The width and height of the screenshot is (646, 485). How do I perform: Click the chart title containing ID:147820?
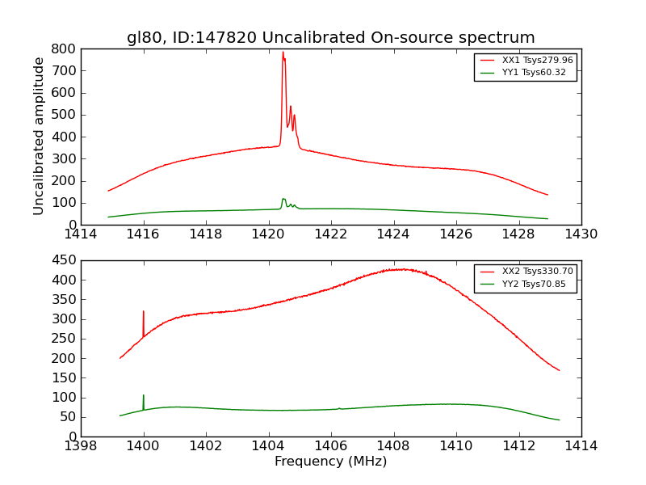point(330,38)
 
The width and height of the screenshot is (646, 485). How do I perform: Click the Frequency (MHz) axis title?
point(330,462)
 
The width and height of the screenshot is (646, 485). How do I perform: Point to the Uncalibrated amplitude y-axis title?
point(39,136)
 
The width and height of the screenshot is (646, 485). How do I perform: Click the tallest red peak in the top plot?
point(283,53)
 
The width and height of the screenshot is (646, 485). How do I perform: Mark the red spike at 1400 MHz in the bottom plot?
point(144,311)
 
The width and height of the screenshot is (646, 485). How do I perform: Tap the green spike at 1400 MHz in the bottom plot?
point(144,395)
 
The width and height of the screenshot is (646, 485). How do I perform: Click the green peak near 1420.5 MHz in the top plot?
point(283,199)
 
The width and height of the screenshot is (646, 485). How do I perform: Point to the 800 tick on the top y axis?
point(65,48)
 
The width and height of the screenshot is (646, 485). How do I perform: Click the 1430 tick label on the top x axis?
point(581,234)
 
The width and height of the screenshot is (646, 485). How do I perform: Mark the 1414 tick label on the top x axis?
point(81,234)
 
